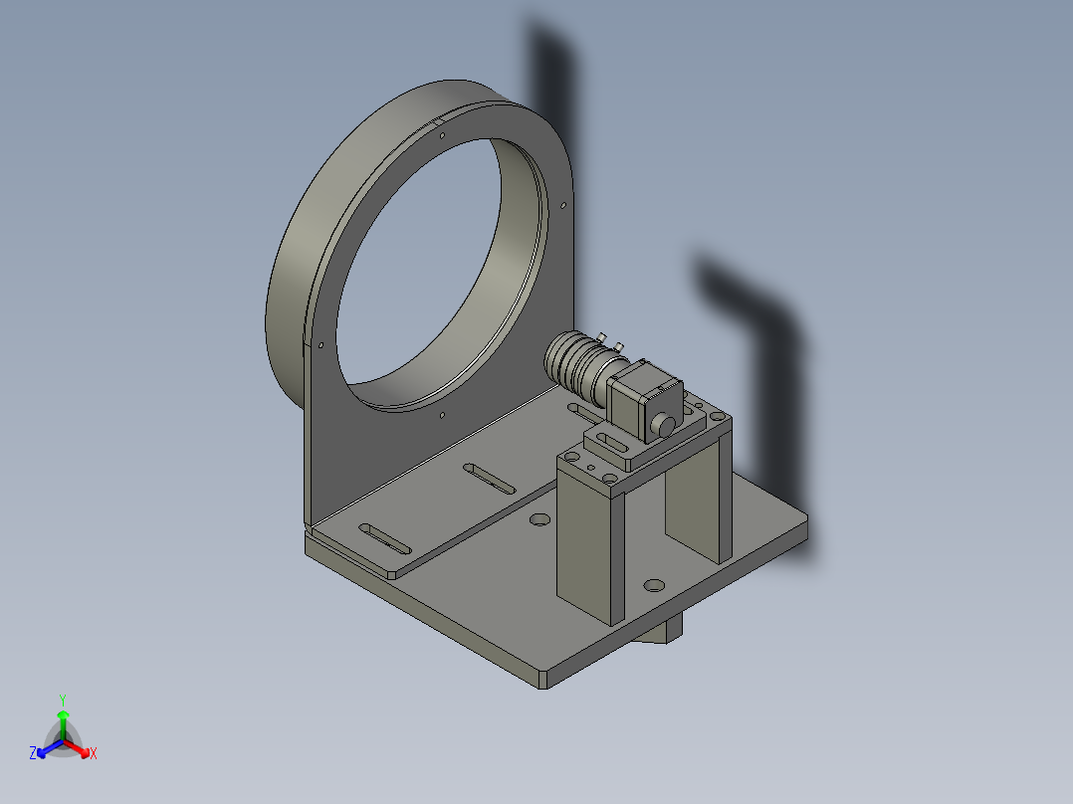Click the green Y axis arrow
pos(63,724)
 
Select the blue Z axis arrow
pos(50,748)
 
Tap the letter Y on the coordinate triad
pos(63,700)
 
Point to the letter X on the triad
pos(94,753)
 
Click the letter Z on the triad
pos(32,753)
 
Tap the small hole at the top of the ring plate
pos(442,135)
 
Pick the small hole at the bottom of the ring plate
pos(442,415)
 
